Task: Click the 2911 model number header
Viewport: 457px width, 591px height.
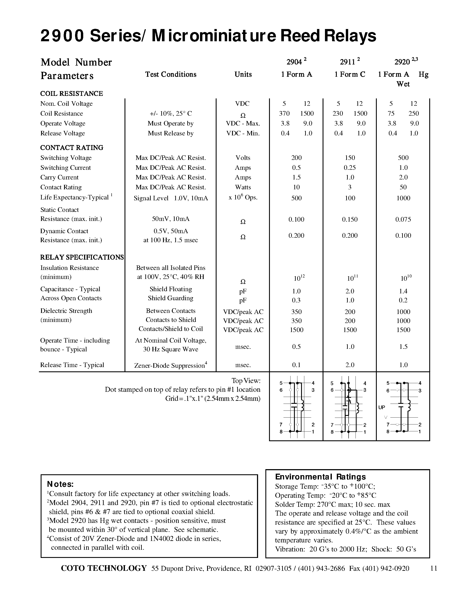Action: (347, 62)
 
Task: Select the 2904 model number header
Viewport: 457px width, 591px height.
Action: (294, 62)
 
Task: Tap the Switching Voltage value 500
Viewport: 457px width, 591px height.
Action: (403, 158)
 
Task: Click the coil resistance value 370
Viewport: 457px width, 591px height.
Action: (284, 114)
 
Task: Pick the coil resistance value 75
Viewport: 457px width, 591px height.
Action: (391, 114)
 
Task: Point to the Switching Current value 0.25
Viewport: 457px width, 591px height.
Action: (349, 168)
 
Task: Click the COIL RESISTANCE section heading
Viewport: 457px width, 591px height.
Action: (71, 94)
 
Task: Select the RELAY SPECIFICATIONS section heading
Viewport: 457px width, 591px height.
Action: (82, 257)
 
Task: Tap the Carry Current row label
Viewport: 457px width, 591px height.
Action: (59, 178)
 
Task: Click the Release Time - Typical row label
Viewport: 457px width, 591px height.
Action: (72, 365)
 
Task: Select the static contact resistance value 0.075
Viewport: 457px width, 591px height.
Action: (403, 219)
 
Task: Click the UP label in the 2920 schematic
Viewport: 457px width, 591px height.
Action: (382, 407)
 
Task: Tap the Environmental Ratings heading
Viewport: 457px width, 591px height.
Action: (320, 477)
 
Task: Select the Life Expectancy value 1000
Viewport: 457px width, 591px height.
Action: (403, 198)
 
